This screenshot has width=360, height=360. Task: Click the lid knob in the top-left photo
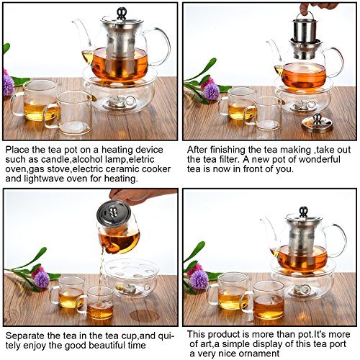point(122,14)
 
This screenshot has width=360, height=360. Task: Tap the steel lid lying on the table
point(317,123)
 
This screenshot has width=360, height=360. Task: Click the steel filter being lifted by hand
point(304,30)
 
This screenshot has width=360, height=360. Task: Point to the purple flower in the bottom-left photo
point(42,279)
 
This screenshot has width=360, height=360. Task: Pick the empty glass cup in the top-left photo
point(68,113)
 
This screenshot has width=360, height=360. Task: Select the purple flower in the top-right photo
point(211,91)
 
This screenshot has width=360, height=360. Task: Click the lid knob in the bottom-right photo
point(303,212)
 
